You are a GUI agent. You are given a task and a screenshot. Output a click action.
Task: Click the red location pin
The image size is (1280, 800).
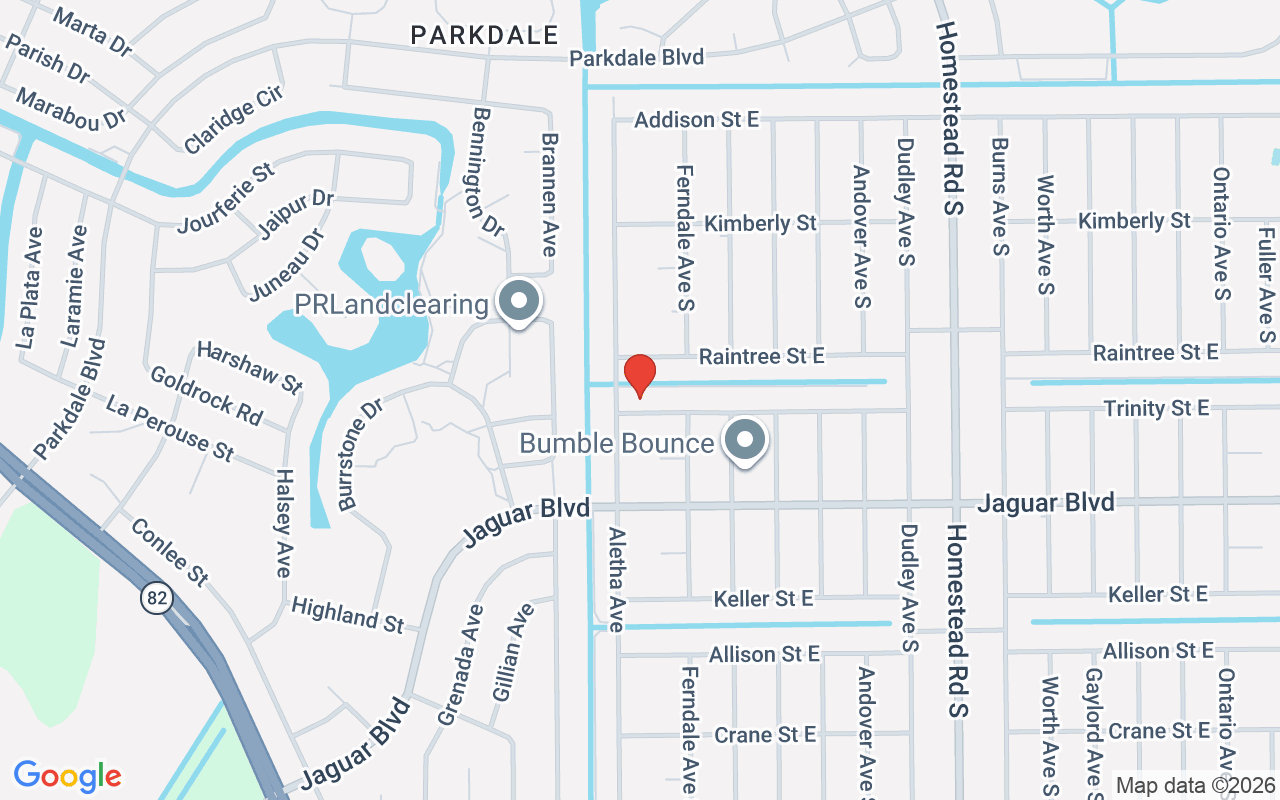pyautogui.click(x=639, y=375)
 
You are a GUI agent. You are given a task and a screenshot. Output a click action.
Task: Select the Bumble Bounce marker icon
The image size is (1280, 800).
pyautogui.click(x=744, y=441)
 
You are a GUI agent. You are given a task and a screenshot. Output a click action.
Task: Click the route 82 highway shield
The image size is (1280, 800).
pyautogui.click(x=157, y=599)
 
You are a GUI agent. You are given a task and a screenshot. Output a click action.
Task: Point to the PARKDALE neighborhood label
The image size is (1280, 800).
pyautogui.click(x=485, y=36)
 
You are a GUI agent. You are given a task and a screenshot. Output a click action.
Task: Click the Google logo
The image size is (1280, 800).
pyautogui.click(x=68, y=775)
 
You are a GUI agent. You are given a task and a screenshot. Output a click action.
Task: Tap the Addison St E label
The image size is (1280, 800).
pyautogui.click(x=697, y=120)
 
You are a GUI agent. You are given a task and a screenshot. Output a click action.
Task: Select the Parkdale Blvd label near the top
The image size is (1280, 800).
pyautogui.click(x=637, y=58)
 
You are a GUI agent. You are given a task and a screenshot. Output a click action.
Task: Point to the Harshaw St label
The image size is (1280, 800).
pyautogui.click(x=249, y=366)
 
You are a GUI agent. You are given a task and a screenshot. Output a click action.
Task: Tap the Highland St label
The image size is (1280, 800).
pyautogui.click(x=347, y=614)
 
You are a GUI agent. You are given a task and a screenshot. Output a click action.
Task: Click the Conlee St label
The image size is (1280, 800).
pyautogui.click(x=170, y=552)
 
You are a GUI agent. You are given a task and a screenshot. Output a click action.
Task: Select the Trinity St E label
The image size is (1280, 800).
pyautogui.click(x=1156, y=408)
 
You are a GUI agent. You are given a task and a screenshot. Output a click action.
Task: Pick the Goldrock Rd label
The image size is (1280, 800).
pyautogui.click(x=206, y=394)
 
